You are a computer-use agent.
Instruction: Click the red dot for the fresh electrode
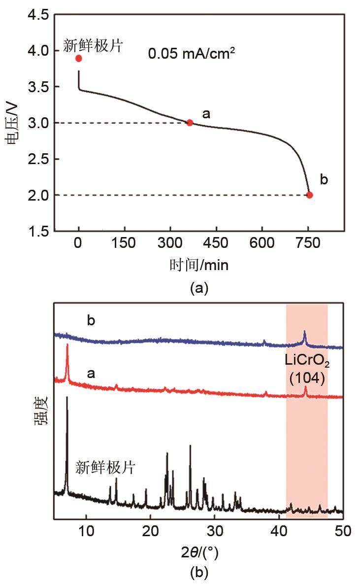(x=79, y=58)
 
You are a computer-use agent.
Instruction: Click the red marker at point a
(x=190, y=123)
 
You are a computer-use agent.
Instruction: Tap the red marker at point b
(x=309, y=195)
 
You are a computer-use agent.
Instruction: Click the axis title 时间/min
(x=199, y=265)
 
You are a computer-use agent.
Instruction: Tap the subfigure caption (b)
(x=199, y=573)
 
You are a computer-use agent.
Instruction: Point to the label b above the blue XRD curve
(x=91, y=320)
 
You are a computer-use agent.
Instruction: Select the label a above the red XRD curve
(x=91, y=374)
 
